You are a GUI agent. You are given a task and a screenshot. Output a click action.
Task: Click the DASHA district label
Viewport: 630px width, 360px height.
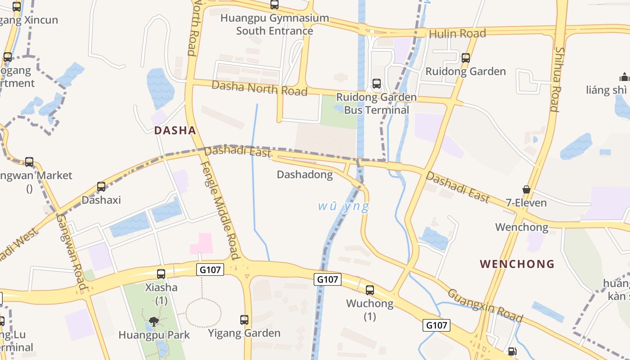[x=175, y=130]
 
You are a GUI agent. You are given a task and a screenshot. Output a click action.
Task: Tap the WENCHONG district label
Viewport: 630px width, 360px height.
[x=517, y=264]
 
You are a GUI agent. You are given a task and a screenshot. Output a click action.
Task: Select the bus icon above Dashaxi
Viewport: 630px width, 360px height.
[x=101, y=187]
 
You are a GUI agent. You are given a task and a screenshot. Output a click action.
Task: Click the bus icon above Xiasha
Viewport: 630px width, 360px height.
[x=161, y=274]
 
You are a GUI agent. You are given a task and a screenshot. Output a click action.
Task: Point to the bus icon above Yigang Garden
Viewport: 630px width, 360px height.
[x=244, y=320]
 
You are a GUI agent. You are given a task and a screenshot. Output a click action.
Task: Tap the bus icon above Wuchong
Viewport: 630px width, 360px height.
[x=370, y=290]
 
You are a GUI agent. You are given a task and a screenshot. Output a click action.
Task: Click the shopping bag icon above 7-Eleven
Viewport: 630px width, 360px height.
[x=526, y=189]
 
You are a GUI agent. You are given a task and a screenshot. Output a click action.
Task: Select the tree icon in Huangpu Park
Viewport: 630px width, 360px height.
[x=154, y=321]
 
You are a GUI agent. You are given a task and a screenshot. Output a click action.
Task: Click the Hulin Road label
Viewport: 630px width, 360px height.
[x=457, y=34]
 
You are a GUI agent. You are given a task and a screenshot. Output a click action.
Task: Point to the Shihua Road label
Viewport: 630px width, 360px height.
[x=557, y=79]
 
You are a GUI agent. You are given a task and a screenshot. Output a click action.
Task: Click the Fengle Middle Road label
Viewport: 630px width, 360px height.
[x=219, y=210]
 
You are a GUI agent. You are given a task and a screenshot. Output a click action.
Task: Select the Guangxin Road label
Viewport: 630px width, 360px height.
[x=485, y=306]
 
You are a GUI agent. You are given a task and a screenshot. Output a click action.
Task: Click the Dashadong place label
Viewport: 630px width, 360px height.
[x=305, y=175]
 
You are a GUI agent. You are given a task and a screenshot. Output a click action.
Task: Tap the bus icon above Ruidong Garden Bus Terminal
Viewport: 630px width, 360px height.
[x=377, y=84]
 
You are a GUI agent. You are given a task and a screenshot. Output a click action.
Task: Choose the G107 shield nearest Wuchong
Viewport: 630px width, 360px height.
[x=328, y=279]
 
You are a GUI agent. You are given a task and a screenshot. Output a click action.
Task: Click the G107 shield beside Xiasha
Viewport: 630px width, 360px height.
[x=210, y=270]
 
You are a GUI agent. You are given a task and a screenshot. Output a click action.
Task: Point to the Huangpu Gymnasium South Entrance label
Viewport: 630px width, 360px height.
[x=274, y=25]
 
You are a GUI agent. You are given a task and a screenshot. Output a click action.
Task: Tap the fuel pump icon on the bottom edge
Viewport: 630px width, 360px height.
[x=512, y=351]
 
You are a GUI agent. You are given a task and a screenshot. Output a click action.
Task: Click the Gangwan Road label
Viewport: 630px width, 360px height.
[x=71, y=252]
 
